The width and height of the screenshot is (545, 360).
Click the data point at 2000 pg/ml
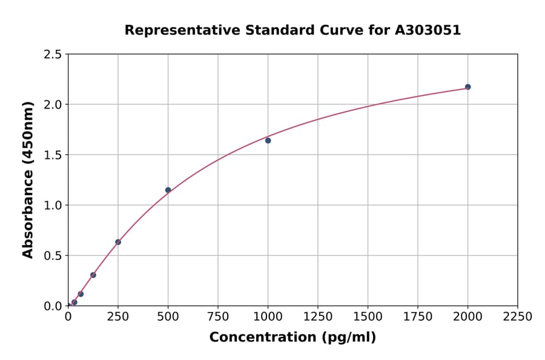pyautogui.click(x=467, y=87)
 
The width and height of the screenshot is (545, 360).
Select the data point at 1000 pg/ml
pyautogui.click(x=268, y=141)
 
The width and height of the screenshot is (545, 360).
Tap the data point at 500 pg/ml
pyautogui.click(x=168, y=190)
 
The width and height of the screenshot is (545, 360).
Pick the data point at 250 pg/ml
pyautogui.click(x=118, y=242)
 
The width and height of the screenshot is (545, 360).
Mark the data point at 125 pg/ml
pyautogui.click(x=93, y=275)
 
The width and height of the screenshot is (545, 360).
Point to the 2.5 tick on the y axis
pyautogui.click(x=53, y=55)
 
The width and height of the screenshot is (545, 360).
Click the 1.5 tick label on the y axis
pyautogui.click(x=53, y=155)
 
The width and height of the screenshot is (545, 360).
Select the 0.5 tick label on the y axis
pyautogui.click(x=53, y=256)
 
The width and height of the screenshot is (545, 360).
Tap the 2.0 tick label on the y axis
pyautogui.click(x=53, y=105)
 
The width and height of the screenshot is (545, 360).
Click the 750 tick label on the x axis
pyautogui.click(x=218, y=317)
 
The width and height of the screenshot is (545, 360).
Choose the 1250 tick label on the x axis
pyautogui.click(x=318, y=317)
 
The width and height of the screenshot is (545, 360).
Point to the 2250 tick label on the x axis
pyautogui.click(x=518, y=317)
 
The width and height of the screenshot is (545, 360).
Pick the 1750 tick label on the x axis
pyautogui.click(x=418, y=317)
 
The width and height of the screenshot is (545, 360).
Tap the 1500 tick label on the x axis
pyautogui.click(x=368, y=317)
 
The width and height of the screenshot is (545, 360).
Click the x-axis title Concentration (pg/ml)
pyautogui.click(x=292, y=338)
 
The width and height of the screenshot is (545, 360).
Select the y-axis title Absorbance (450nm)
pyautogui.click(x=28, y=180)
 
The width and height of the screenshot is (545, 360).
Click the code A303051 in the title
pyautogui.click(x=428, y=30)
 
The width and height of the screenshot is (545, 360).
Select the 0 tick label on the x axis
pyautogui.click(x=68, y=317)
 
